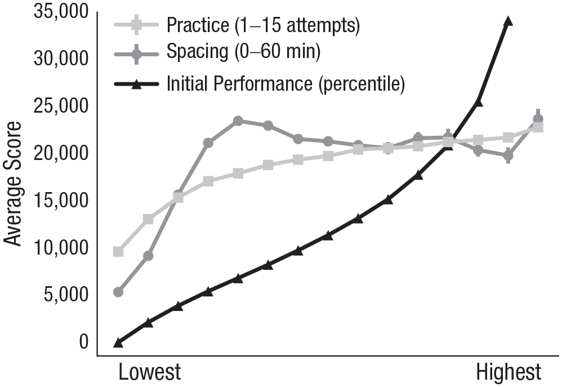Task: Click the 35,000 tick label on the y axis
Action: tap(61, 12)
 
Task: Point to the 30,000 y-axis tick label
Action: tap(61, 59)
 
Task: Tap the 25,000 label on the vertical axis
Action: tap(61, 106)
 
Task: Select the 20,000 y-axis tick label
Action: tap(61, 153)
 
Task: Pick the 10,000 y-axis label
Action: tap(61, 247)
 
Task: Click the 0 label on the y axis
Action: tap(83, 342)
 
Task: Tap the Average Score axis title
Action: tap(13, 184)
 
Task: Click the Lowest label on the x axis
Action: tap(149, 373)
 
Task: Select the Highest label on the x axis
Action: tap(509, 373)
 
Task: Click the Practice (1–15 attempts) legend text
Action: tap(263, 25)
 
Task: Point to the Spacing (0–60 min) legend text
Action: tap(243, 52)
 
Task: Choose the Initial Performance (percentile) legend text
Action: tap(286, 84)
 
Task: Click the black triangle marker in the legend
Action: tap(136, 85)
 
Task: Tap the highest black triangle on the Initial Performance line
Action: tap(508, 21)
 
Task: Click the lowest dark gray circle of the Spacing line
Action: tap(118, 292)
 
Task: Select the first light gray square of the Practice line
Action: tap(118, 251)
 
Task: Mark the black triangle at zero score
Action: tap(118, 343)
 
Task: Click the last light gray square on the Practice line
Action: tap(538, 127)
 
